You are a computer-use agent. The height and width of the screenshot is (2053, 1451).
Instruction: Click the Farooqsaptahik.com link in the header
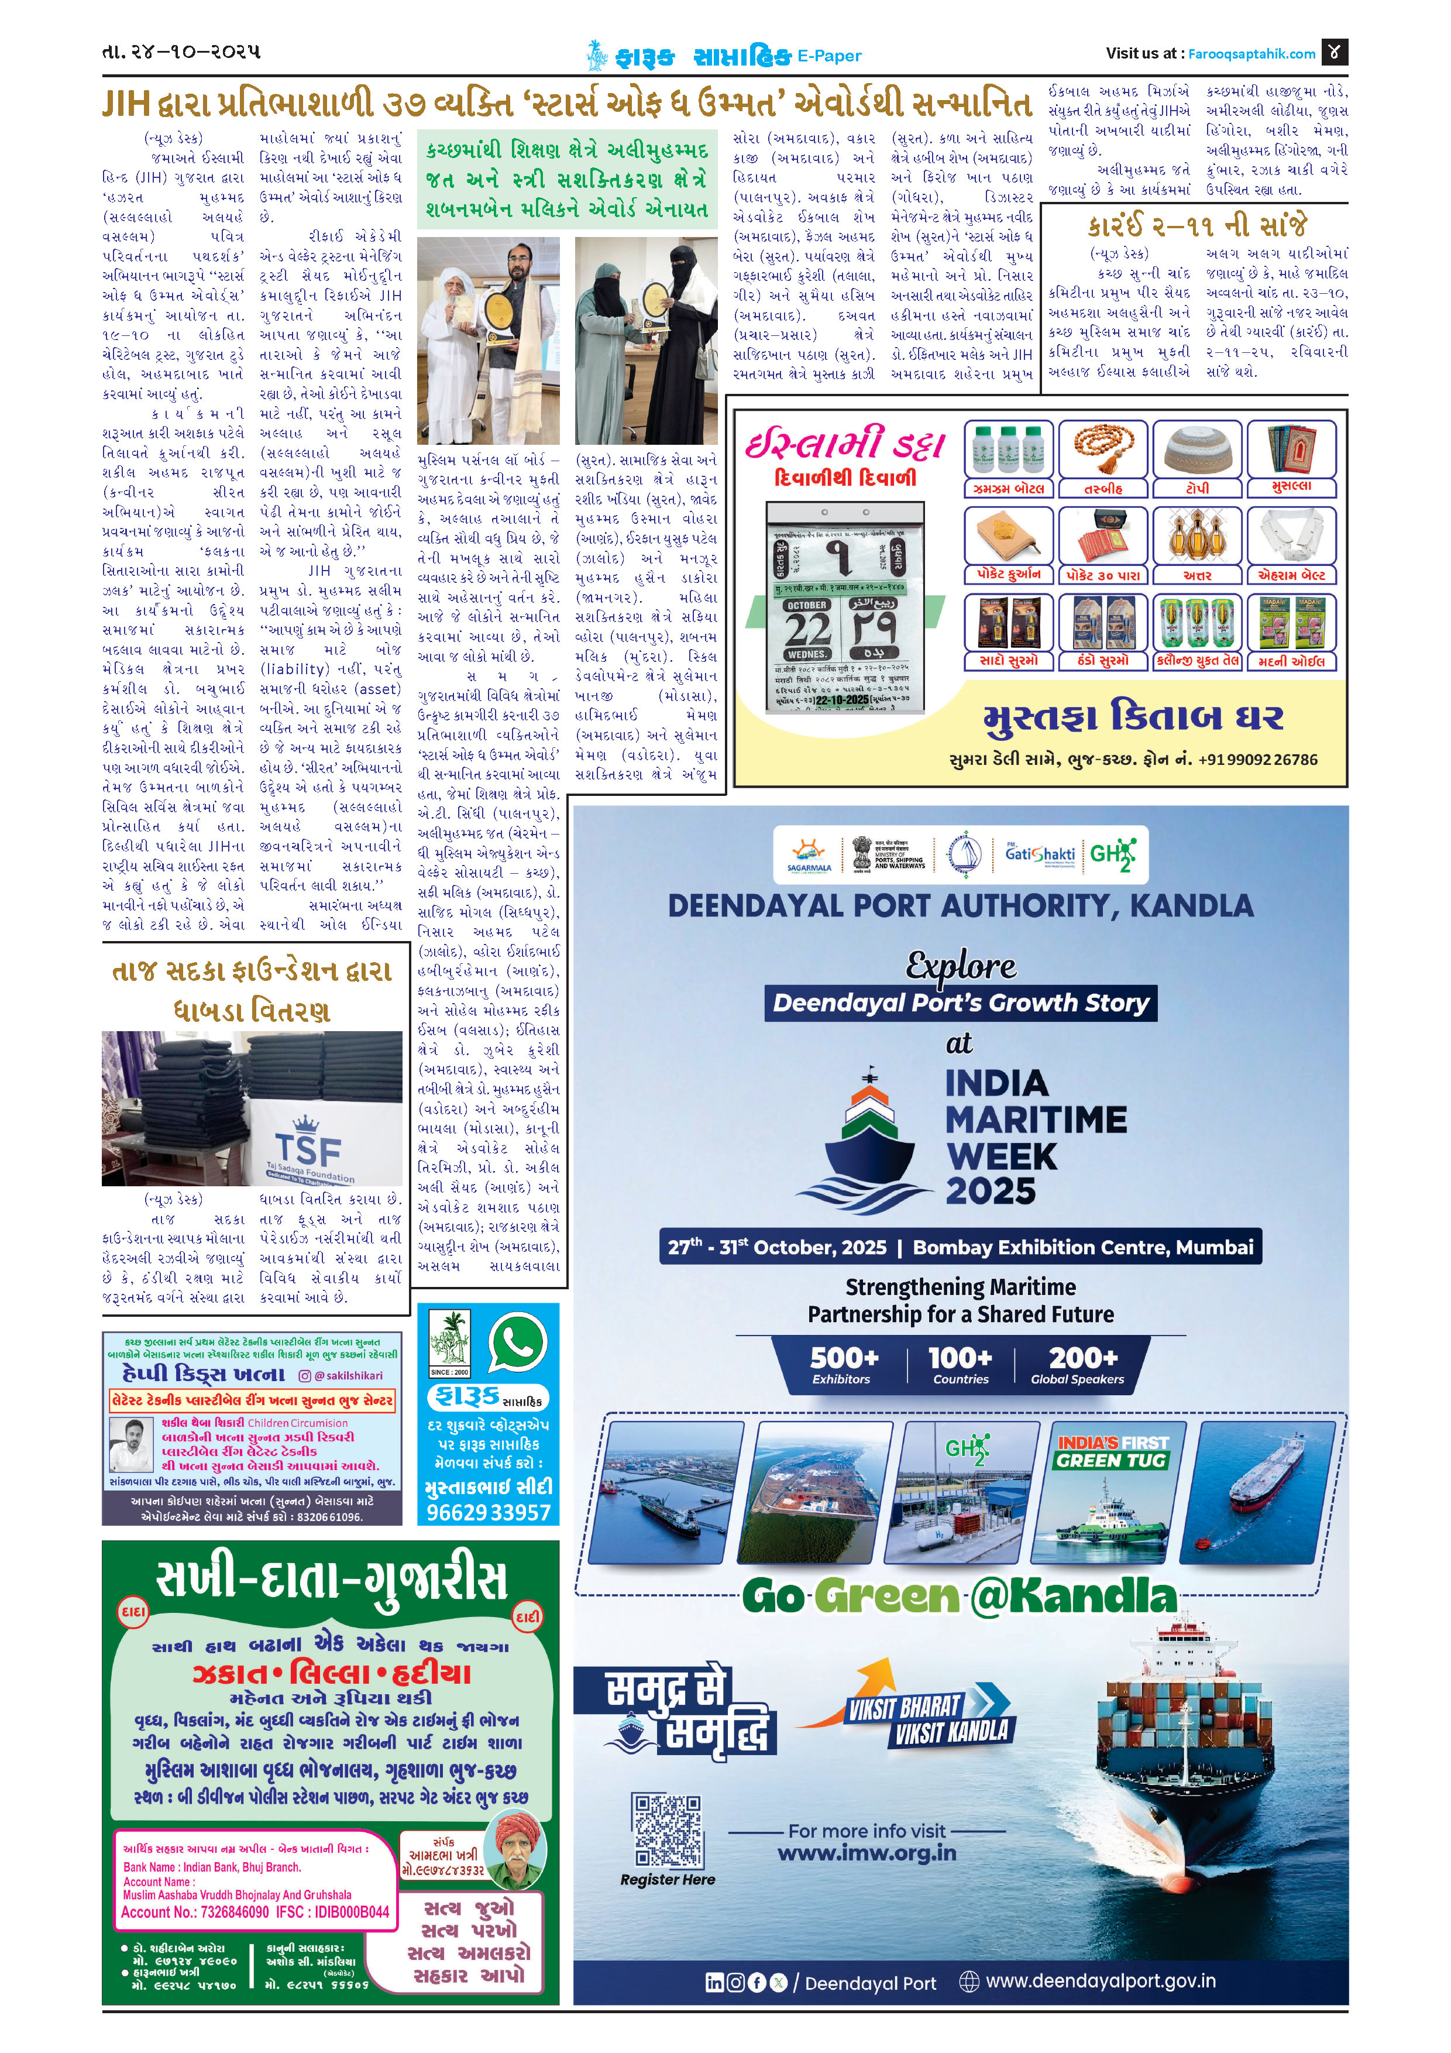pyautogui.click(x=1251, y=54)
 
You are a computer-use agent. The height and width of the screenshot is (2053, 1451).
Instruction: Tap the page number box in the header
pyautogui.click(x=1334, y=52)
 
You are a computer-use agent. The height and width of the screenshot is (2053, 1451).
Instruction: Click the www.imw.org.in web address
pyautogui.click(x=867, y=1853)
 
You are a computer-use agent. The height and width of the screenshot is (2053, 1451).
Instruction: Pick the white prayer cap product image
pyautogui.click(x=1197, y=450)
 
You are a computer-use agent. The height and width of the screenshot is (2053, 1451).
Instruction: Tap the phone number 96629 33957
pyautogui.click(x=488, y=1512)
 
